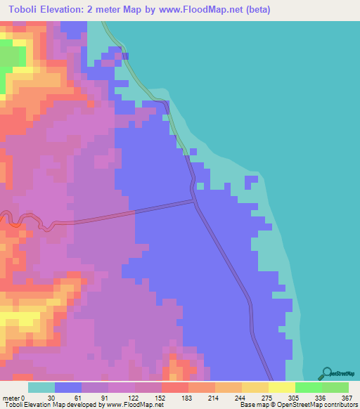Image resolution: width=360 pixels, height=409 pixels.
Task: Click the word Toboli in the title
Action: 25,10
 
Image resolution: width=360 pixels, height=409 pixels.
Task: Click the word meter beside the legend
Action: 12,398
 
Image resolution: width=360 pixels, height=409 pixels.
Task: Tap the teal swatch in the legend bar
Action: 41,387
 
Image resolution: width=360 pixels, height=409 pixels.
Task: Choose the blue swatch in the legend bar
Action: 68,387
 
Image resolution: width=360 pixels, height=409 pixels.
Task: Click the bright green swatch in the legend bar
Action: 309,387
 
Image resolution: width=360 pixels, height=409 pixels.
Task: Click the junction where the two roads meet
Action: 195,202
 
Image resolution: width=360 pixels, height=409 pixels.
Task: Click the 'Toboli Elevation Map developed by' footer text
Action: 53,405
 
